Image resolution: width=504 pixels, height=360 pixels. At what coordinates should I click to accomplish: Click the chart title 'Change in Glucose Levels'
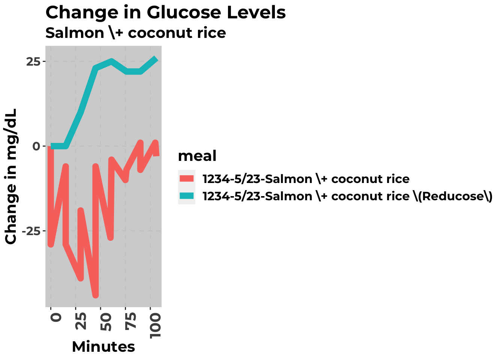(165, 12)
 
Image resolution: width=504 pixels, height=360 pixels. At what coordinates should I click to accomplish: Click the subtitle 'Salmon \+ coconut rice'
(135, 33)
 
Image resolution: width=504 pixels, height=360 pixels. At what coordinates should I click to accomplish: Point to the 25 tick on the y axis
(33, 61)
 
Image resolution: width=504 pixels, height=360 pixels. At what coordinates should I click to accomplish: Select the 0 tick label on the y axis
(36, 146)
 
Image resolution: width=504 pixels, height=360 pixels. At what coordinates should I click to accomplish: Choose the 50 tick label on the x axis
(106, 321)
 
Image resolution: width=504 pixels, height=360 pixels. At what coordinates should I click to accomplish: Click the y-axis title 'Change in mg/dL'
(11, 176)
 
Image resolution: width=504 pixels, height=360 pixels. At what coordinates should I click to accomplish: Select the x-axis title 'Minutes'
(103, 347)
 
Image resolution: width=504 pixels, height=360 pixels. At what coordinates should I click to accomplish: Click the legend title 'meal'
(197, 156)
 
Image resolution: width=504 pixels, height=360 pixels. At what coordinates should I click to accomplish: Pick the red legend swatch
(186, 178)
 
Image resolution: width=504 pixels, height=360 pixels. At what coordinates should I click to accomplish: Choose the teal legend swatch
(186, 196)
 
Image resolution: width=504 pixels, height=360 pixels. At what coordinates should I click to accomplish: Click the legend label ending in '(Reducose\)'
(347, 196)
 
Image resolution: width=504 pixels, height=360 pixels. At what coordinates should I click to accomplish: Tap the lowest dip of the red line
(96, 295)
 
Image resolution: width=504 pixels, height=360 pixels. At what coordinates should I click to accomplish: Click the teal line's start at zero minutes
(51, 146)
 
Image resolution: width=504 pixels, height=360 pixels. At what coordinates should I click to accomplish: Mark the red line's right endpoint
(157, 154)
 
